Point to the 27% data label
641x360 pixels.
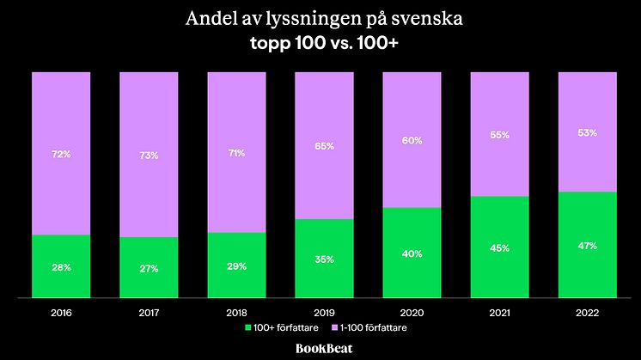click(x=149, y=268)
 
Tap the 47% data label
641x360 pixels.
click(x=587, y=246)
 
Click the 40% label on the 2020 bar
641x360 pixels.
click(x=412, y=253)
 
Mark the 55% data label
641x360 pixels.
click(x=499, y=135)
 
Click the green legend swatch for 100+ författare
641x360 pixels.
click(x=249, y=327)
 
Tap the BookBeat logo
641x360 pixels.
click(x=320, y=348)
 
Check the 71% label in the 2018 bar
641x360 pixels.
click(x=236, y=153)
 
